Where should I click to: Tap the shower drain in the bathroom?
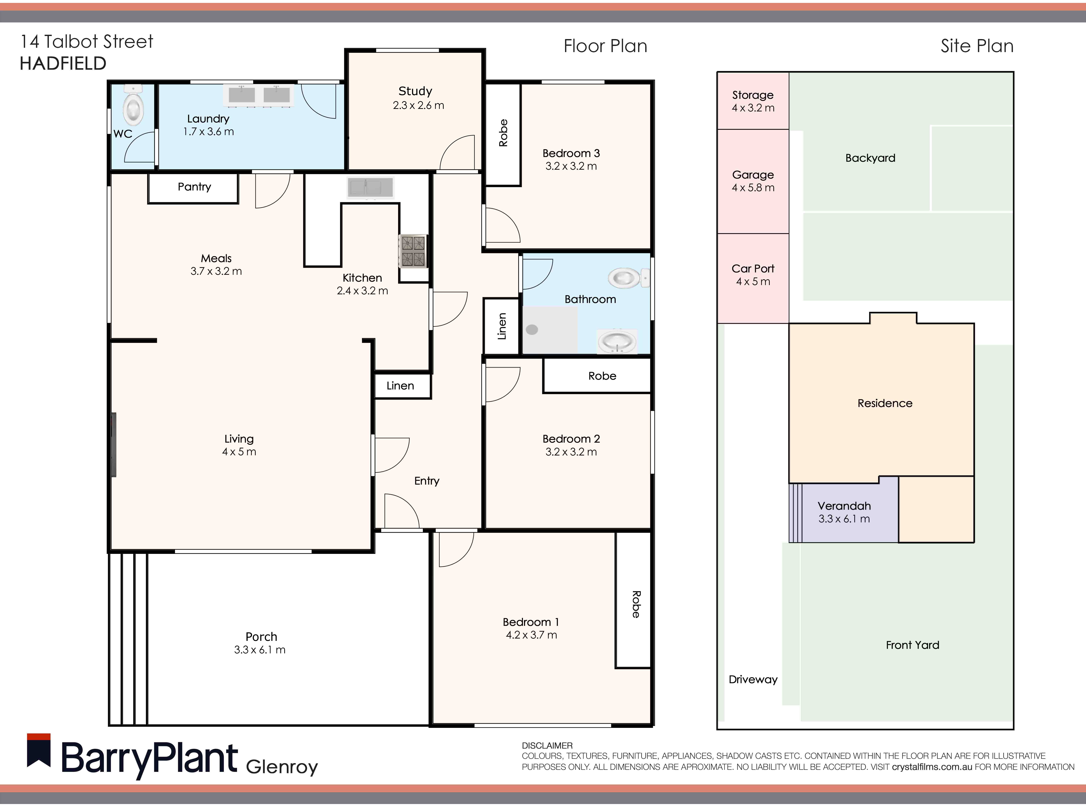point(532,329)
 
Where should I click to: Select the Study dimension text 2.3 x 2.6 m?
point(418,105)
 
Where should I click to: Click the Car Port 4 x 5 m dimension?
point(753,281)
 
